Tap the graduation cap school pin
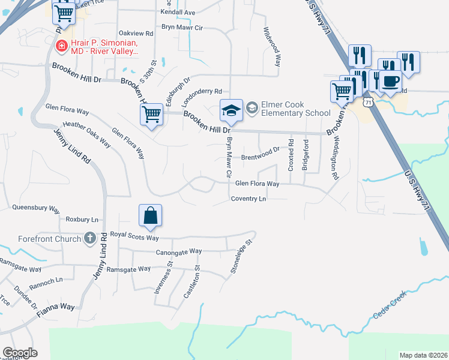point(231,110)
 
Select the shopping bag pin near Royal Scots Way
point(150,215)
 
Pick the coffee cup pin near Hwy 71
point(390,80)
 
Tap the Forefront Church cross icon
point(89,239)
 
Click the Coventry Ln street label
point(249,199)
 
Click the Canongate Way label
point(178,252)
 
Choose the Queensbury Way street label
point(36,208)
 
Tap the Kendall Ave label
point(178,12)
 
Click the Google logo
point(20,353)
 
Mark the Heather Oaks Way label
point(87,134)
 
